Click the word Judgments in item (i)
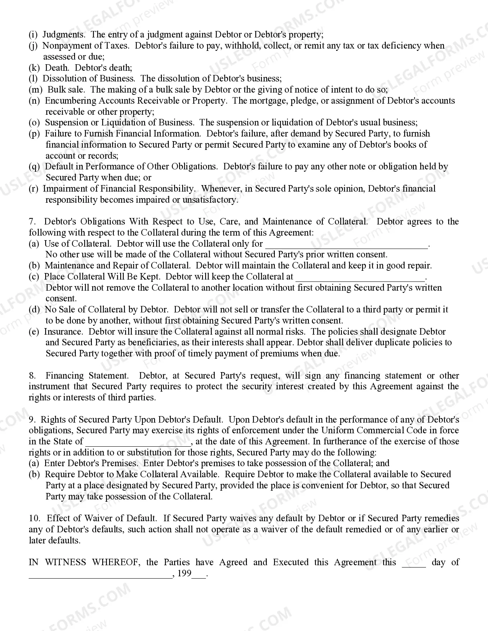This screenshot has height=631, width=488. (x=64, y=34)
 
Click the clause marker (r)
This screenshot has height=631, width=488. (x=34, y=189)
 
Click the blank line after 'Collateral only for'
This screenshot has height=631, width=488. (x=346, y=245)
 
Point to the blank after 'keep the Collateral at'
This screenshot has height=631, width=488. (x=360, y=278)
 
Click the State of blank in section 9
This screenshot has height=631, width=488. (x=138, y=442)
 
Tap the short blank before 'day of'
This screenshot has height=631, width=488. (x=414, y=563)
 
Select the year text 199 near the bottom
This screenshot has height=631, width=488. (x=184, y=574)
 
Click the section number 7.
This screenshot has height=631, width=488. (x=32, y=221)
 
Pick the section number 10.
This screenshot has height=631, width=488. (x=34, y=518)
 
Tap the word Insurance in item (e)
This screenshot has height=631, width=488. (x=63, y=332)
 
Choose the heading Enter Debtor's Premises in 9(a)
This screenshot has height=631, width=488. (x=91, y=463)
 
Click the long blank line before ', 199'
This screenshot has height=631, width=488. (x=100, y=575)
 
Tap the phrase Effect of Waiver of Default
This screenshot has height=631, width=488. (x=102, y=518)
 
